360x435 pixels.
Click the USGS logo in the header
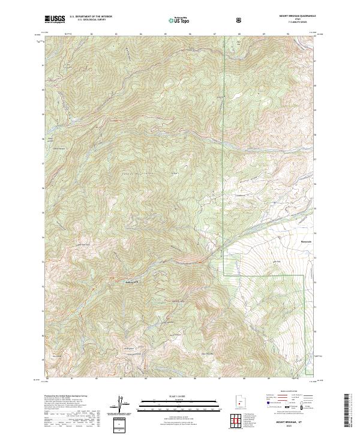(55, 19)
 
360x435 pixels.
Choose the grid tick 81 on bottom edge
(71, 379)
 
